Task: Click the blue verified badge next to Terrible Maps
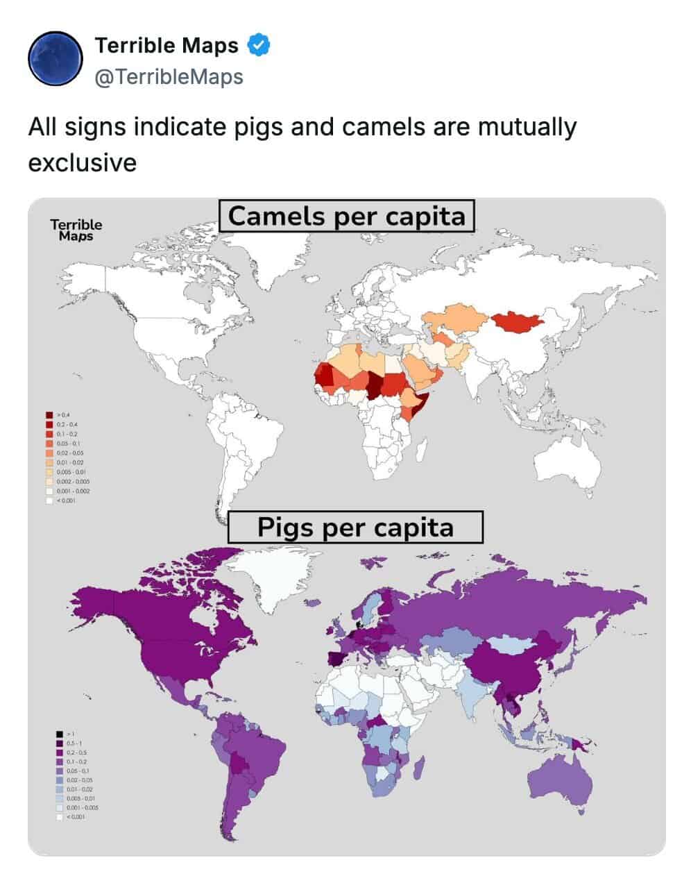point(259,45)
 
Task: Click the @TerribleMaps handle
point(169,76)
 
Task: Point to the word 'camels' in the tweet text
point(378,128)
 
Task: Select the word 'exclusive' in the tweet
point(82,162)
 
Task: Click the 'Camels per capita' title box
point(347,216)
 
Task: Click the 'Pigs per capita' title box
point(355,527)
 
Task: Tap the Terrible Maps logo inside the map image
point(76,230)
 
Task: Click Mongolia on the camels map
point(517,321)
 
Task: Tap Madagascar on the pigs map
point(419,768)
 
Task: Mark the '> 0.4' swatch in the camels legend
point(49,414)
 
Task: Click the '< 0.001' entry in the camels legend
point(49,500)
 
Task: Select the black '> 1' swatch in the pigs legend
point(60,733)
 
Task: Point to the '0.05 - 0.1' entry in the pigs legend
point(60,771)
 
